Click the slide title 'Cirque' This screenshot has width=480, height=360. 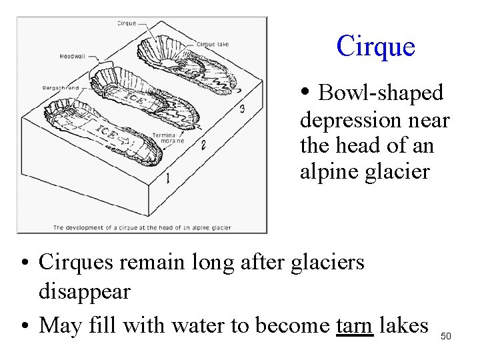(x=375, y=47)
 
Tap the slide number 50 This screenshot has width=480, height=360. (x=446, y=336)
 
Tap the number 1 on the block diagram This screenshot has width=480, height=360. (x=167, y=177)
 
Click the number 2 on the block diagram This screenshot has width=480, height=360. (x=203, y=143)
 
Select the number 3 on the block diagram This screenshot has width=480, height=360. (x=241, y=109)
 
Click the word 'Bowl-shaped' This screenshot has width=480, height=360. (x=381, y=93)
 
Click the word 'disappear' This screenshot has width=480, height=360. (x=85, y=291)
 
